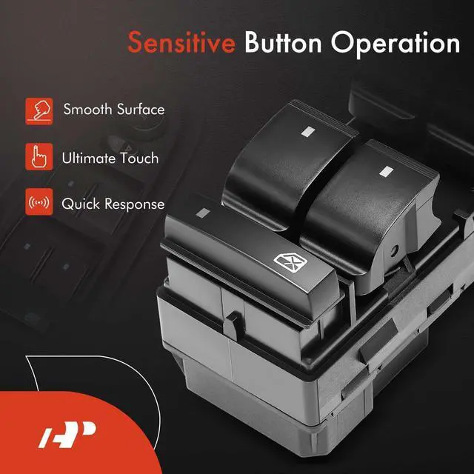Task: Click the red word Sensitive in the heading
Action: [x=181, y=42]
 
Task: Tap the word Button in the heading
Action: [x=283, y=42]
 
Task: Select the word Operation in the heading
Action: [x=395, y=44]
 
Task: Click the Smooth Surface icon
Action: [x=39, y=111]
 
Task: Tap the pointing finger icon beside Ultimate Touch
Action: [x=39, y=156]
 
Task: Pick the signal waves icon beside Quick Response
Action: [x=39, y=202]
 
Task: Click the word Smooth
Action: [x=87, y=109]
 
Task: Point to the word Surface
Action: [x=141, y=109]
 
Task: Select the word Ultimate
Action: [x=89, y=158]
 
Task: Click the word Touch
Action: [x=139, y=158]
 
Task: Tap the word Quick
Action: [x=81, y=204]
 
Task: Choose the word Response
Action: [x=135, y=204]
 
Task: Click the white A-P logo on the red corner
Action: [x=67, y=435]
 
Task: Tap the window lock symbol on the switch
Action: [x=290, y=262]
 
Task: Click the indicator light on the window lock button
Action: [x=203, y=213]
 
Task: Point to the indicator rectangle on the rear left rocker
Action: [x=308, y=131]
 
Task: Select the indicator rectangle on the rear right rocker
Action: [x=387, y=171]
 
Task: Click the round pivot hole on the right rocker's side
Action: [x=394, y=250]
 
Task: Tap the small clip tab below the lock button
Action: [x=232, y=326]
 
